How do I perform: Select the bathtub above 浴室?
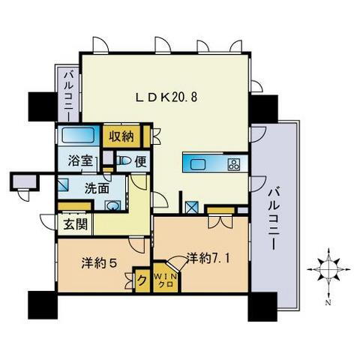(76, 136)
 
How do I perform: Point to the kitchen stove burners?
(234, 163)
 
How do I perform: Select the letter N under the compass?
(328, 303)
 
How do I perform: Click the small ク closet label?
(142, 281)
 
